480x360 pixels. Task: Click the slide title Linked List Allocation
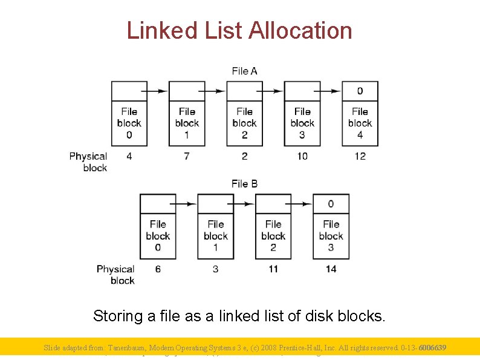coord(239,30)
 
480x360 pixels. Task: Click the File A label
coord(244,71)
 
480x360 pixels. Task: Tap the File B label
coord(244,183)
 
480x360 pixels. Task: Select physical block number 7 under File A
coord(187,156)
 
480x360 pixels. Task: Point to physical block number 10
coord(302,156)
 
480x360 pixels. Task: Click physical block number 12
coord(360,156)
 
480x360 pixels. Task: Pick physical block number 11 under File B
coord(273,269)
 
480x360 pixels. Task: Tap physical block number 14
coord(331,269)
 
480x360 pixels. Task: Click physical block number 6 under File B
coord(158,269)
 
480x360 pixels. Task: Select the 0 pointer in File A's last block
coord(360,91)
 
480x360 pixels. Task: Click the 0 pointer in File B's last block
coord(331,204)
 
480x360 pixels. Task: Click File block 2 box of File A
coord(244,123)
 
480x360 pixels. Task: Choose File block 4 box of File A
coord(360,123)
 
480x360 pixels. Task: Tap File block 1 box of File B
coord(215,236)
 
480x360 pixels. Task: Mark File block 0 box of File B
coord(158,236)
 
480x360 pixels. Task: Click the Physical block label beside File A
coord(88,162)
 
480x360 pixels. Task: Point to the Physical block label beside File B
coord(115,274)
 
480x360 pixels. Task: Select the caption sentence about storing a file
coord(239,316)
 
